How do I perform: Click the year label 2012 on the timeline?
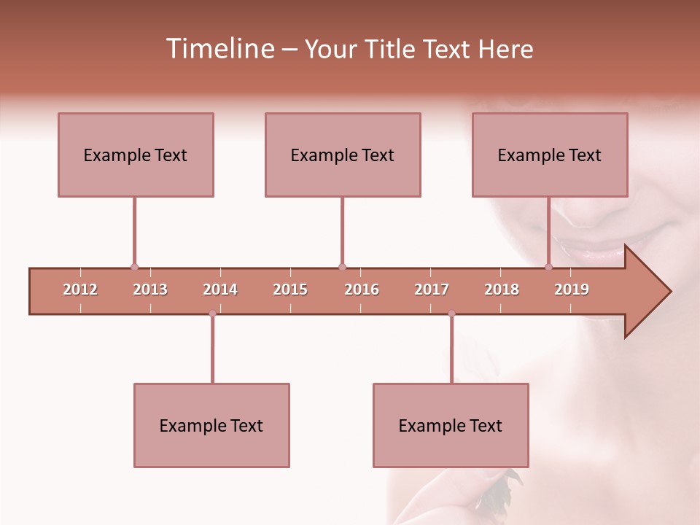[x=80, y=289]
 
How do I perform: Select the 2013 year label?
[x=150, y=289]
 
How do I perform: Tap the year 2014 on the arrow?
[x=220, y=289]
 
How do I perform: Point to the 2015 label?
[x=290, y=289]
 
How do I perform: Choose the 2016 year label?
[x=362, y=289]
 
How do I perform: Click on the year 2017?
[x=432, y=289]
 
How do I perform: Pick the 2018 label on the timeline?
[x=502, y=289]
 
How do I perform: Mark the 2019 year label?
[x=572, y=289]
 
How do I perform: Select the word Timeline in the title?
[x=219, y=49]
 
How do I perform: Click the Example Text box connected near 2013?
[x=136, y=155]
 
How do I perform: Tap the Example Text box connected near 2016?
[x=343, y=155]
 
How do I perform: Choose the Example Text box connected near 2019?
[x=550, y=155]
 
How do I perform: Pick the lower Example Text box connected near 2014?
[x=211, y=425]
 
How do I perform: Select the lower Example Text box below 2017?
[x=451, y=425]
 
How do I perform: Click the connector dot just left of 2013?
[x=134, y=267]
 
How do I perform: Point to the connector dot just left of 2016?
[x=342, y=267]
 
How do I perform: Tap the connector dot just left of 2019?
[x=548, y=267]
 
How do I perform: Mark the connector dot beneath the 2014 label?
[x=212, y=314]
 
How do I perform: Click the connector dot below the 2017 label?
[x=451, y=314]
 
